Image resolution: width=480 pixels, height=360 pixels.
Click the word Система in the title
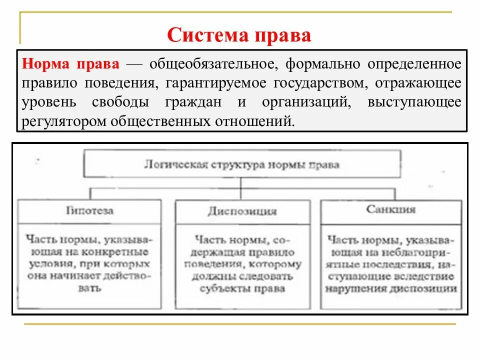coord(203,35)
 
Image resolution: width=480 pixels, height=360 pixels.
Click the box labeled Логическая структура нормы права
coord(241,164)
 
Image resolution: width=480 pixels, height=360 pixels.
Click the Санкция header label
coord(390,209)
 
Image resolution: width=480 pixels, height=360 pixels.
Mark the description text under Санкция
coord(390,263)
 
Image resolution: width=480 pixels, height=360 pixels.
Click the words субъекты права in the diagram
coord(241,288)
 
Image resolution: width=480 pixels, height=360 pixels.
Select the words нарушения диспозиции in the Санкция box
coord(390,288)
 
